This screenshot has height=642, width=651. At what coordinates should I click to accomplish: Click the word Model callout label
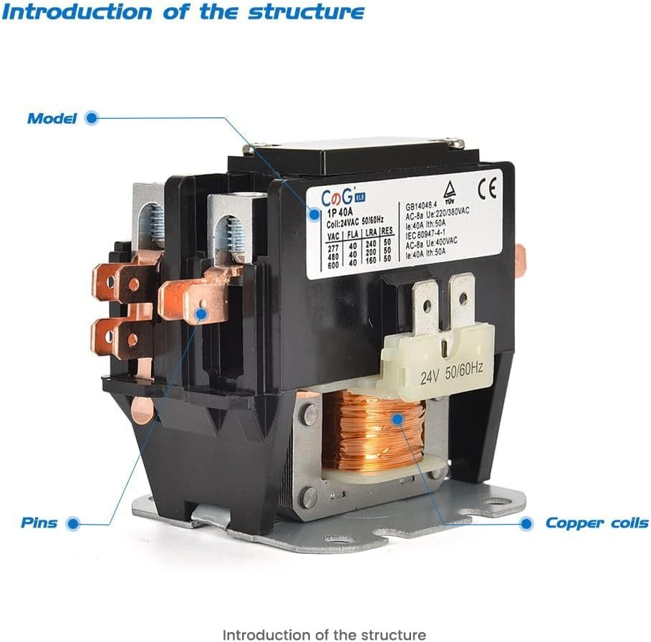pyautogui.click(x=52, y=119)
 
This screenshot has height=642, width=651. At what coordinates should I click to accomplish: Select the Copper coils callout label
pyautogui.click(x=597, y=523)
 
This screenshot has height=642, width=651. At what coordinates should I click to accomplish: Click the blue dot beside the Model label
pyautogui.click(x=91, y=118)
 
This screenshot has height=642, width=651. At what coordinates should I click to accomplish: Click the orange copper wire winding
pyautogui.click(x=372, y=429)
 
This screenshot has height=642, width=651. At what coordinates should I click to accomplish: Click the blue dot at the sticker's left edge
pyautogui.click(x=313, y=213)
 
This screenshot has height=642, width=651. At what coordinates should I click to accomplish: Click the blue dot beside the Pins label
pyautogui.click(x=72, y=523)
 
